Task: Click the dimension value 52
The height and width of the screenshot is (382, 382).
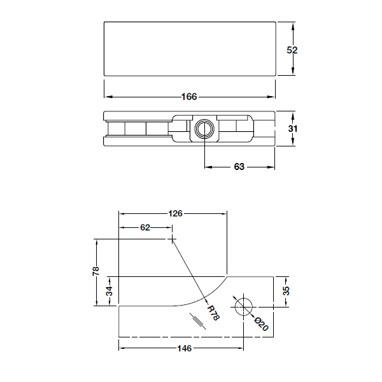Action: (292, 50)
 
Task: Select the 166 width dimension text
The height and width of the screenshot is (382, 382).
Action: (189, 97)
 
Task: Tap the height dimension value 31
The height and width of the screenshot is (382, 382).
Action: (292, 129)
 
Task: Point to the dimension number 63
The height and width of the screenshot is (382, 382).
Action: (239, 167)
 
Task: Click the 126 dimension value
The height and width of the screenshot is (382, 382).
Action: (175, 213)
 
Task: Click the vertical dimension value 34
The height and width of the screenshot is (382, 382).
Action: (109, 292)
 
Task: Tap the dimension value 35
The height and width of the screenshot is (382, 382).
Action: (286, 291)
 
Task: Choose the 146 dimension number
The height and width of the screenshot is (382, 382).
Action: (183, 348)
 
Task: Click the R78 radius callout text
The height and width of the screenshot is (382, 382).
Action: (213, 313)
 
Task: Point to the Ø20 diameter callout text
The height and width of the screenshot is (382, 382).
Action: (260, 323)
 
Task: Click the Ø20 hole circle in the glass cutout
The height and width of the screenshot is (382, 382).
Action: (243, 306)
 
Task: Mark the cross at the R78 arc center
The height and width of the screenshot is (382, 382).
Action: (171, 238)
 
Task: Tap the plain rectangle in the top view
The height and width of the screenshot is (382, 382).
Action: (189, 49)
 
